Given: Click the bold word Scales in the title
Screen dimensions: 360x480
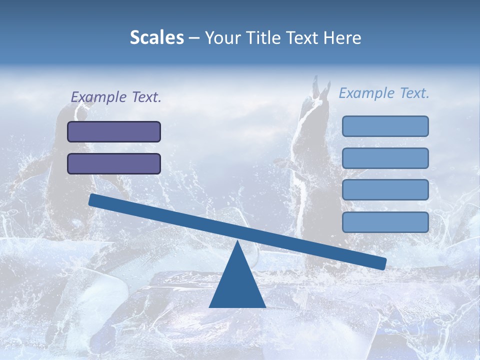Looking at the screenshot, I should tap(156, 37).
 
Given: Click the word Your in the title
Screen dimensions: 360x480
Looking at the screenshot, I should tap(223, 37).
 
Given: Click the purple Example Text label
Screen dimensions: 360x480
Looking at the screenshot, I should tap(116, 97).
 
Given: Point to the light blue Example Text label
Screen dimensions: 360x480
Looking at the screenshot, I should tap(384, 93).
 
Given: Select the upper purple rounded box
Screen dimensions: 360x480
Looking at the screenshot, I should tap(114, 131).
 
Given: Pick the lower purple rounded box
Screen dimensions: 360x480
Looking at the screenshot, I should tap(114, 163).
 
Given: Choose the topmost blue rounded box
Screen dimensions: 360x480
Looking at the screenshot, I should tap(385, 126).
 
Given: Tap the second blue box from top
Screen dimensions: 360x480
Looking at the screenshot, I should tap(385, 158).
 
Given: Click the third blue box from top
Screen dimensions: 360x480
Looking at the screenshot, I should tap(385, 190).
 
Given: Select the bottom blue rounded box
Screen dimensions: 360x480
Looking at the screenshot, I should tap(385, 222).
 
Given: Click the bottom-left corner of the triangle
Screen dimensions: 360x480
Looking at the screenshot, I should tap(210, 306).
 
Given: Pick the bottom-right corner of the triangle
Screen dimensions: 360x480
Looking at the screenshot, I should tap(265, 306).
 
